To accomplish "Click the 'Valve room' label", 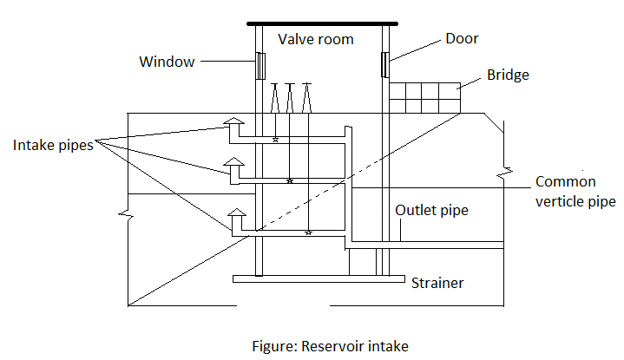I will (316, 39).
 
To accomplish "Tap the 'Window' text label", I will (167, 62).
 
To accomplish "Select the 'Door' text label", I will (462, 38).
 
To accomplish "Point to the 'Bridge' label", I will (508, 75).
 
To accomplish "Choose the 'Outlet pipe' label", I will (432, 210).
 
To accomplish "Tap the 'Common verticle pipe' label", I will (575, 192).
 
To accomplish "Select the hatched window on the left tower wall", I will (259, 65).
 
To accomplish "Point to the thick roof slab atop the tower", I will (322, 23).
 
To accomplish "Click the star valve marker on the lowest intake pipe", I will (309, 233).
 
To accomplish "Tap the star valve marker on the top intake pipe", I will (275, 140).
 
